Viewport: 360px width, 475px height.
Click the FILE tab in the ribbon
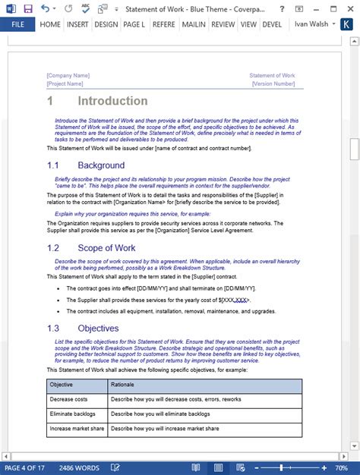17,24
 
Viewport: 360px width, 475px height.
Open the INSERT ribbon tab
77,24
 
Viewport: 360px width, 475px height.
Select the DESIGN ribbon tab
106,24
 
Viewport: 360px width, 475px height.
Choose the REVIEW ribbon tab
223,24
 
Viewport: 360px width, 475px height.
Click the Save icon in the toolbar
28,8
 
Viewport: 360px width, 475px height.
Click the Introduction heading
112,101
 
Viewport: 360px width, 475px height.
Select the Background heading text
100,165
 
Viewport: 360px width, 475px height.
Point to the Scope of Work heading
106,247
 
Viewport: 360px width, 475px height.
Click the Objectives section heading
98,328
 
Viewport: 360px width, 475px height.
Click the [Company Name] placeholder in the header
68,76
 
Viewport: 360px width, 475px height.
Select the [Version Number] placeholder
273,83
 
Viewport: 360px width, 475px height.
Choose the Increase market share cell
74,429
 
